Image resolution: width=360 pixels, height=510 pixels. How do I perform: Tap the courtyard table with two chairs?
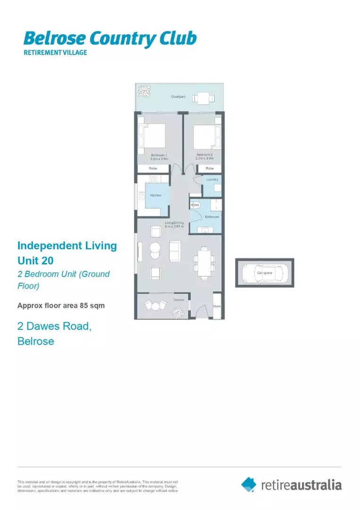coord(203,98)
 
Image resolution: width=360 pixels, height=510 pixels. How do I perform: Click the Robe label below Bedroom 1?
coord(153,168)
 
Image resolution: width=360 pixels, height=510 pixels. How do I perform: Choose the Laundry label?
coord(212,179)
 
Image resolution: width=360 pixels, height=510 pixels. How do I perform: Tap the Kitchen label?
coord(155,195)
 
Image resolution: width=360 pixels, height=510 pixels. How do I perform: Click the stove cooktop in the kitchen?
coord(154,178)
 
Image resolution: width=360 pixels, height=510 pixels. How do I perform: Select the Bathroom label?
coord(212,217)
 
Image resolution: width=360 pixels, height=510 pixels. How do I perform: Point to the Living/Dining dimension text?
coord(171,227)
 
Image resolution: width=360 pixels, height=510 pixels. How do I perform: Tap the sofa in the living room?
coord(174,250)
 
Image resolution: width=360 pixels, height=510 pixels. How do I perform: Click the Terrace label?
coord(178,299)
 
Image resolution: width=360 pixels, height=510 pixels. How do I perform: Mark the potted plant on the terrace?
coord(178,312)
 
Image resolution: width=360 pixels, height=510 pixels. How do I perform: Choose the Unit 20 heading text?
coord(36,260)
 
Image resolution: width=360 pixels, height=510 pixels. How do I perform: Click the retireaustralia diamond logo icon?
coord(249,484)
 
